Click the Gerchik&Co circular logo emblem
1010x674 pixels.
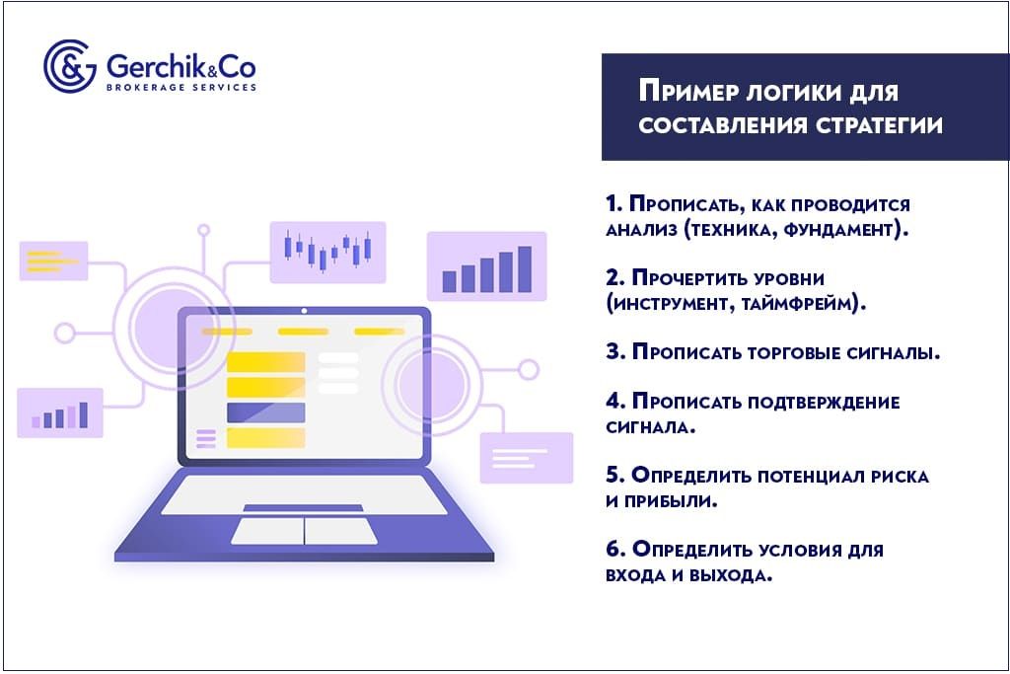(x=69, y=66)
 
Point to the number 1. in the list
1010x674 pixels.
(x=614, y=205)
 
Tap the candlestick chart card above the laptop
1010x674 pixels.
(x=327, y=252)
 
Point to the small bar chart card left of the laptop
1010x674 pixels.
(x=60, y=413)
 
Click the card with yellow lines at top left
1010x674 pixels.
(x=53, y=261)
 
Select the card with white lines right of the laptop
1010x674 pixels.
(x=526, y=458)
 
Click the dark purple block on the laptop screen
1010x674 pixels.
(x=265, y=412)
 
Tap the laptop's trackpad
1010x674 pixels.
(x=304, y=531)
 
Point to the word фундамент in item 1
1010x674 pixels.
(x=839, y=231)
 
